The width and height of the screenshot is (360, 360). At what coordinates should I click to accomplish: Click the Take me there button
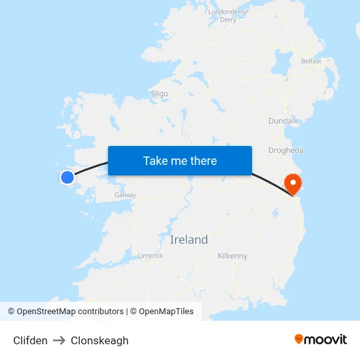click(x=180, y=160)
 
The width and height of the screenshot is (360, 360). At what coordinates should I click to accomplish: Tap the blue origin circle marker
click(x=67, y=177)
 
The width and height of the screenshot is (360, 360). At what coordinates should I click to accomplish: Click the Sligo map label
click(x=159, y=94)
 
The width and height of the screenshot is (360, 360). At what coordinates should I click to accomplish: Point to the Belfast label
click(x=311, y=61)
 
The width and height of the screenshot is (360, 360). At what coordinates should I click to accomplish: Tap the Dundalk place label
click(x=283, y=121)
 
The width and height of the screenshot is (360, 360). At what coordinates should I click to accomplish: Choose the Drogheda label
click(x=286, y=150)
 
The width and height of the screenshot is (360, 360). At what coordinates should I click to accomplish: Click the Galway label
click(x=125, y=195)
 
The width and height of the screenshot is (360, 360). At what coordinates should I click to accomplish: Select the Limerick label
click(x=151, y=255)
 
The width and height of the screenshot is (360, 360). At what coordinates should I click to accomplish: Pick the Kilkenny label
click(x=232, y=256)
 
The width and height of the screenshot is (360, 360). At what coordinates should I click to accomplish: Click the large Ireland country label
click(x=189, y=240)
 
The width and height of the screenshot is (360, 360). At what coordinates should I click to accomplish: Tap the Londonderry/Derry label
click(x=228, y=16)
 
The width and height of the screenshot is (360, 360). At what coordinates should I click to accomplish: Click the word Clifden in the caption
click(x=30, y=340)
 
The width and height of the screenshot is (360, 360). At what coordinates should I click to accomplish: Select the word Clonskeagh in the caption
click(x=99, y=340)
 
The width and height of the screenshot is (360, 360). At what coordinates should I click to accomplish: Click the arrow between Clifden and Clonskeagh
click(x=59, y=340)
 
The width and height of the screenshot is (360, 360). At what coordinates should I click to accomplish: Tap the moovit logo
click(x=321, y=339)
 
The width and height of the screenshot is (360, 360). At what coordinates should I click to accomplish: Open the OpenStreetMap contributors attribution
click(x=65, y=312)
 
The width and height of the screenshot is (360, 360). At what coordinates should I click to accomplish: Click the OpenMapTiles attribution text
click(x=166, y=312)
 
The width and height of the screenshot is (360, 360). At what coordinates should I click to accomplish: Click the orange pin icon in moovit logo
click(x=299, y=339)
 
